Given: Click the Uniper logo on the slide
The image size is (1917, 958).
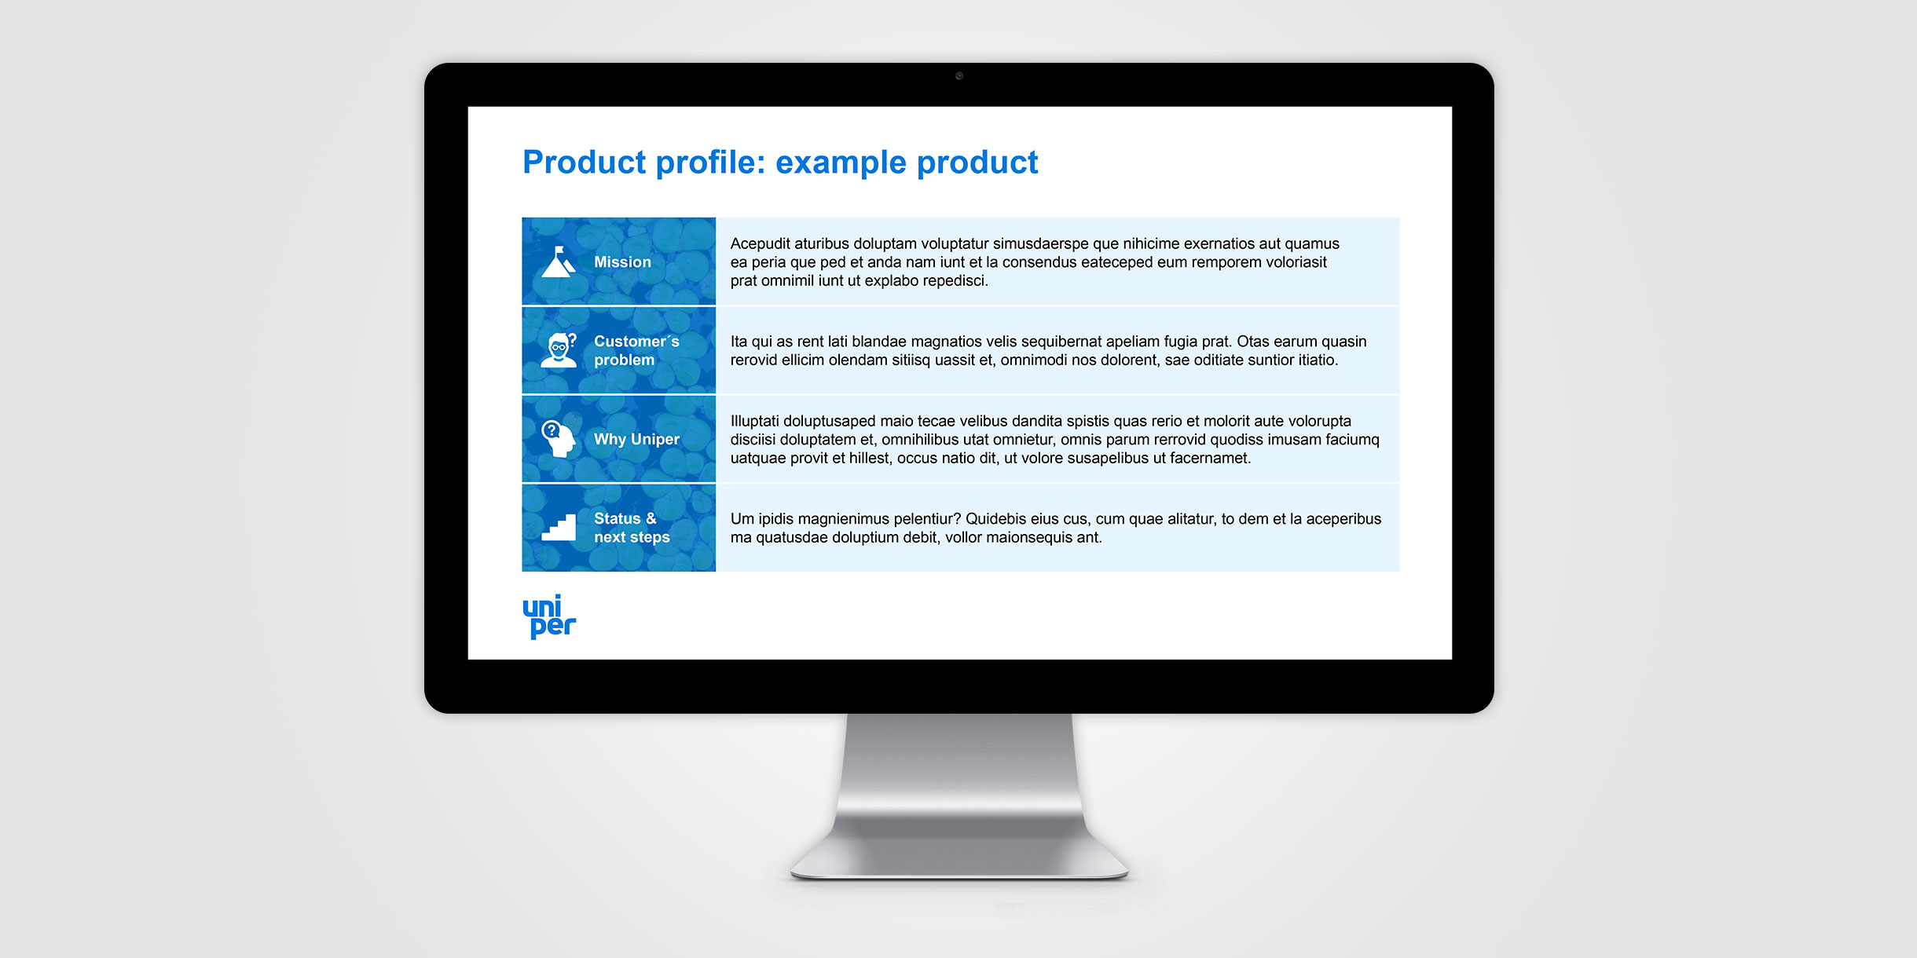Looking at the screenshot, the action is coord(549,616).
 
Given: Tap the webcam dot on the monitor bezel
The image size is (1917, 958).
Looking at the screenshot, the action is coord(959,76).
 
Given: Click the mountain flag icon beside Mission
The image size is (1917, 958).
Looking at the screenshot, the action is coord(559,261).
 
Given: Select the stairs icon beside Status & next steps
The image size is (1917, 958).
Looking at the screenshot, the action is coord(559,527).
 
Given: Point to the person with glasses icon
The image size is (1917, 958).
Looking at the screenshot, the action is coord(559,350).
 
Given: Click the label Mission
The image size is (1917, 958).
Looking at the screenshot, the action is coord(622,262).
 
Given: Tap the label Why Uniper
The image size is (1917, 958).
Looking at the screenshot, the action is coord(636,440).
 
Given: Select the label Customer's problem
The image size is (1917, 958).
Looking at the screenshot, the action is coord(636,351).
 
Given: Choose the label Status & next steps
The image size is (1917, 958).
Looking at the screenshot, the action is coord(632,528).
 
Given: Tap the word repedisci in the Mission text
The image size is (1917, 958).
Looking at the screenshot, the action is coord(953,281).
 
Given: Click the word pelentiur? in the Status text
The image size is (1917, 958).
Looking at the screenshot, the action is coord(925,519).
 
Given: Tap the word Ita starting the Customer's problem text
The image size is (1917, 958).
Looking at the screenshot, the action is coord(739,342).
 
